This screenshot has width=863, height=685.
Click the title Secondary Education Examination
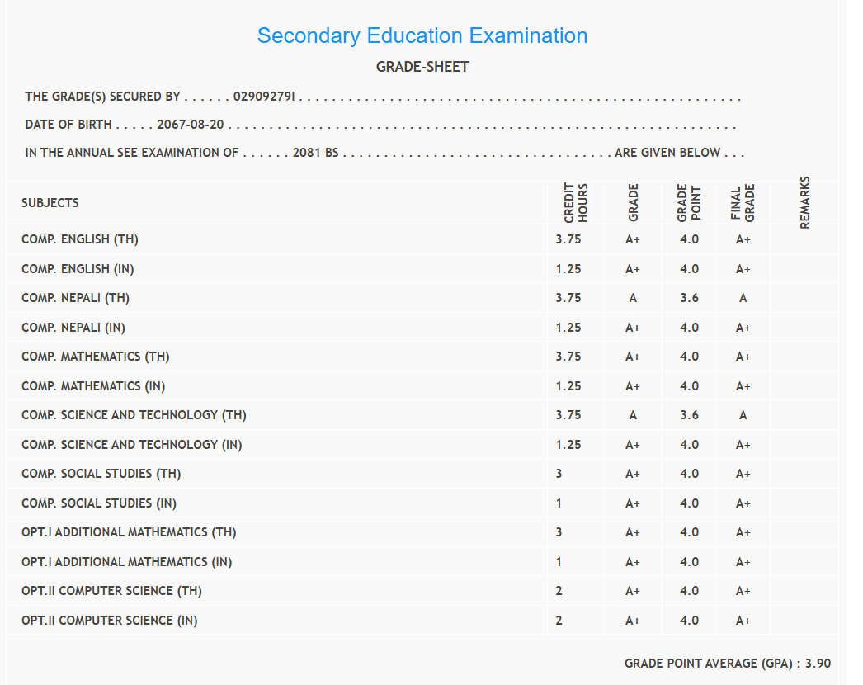pyautogui.click(x=422, y=36)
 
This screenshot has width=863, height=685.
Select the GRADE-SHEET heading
pyautogui.click(x=422, y=67)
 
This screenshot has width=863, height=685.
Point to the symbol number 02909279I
pyautogui.click(x=265, y=97)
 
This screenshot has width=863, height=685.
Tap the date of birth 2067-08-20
pyautogui.click(x=191, y=125)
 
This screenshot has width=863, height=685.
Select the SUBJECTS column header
pyautogui.click(x=50, y=203)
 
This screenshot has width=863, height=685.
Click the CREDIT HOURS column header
pyautogui.click(x=576, y=203)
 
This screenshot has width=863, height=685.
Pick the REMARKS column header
pyautogui.click(x=805, y=203)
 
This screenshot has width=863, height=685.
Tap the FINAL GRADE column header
pyautogui.click(x=743, y=203)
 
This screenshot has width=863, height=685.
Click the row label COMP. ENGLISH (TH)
pyautogui.click(x=80, y=239)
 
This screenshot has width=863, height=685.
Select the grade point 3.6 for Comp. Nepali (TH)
pyautogui.click(x=690, y=298)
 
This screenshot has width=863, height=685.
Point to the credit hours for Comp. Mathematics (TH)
pyautogui.click(x=568, y=357)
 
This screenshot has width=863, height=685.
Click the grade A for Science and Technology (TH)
pyautogui.click(x=633, y=415)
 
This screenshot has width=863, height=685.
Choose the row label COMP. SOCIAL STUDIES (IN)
pyautogui.click(x=99, y=503)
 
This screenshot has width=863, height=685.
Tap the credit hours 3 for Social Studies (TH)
pyautogui.click(x=559, y=474)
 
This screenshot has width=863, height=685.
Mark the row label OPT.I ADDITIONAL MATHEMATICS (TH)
pyautogui.click(x=129, y=532)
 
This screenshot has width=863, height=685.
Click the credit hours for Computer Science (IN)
pyautogui.click(x=559, y=621)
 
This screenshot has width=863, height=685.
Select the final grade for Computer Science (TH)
pyautogui.click(x=743, y=591)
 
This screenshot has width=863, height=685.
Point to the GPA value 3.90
pyautogui.click(x=818, y=664)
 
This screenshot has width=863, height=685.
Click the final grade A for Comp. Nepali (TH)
pyautogui.click(x=743, y=298)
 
